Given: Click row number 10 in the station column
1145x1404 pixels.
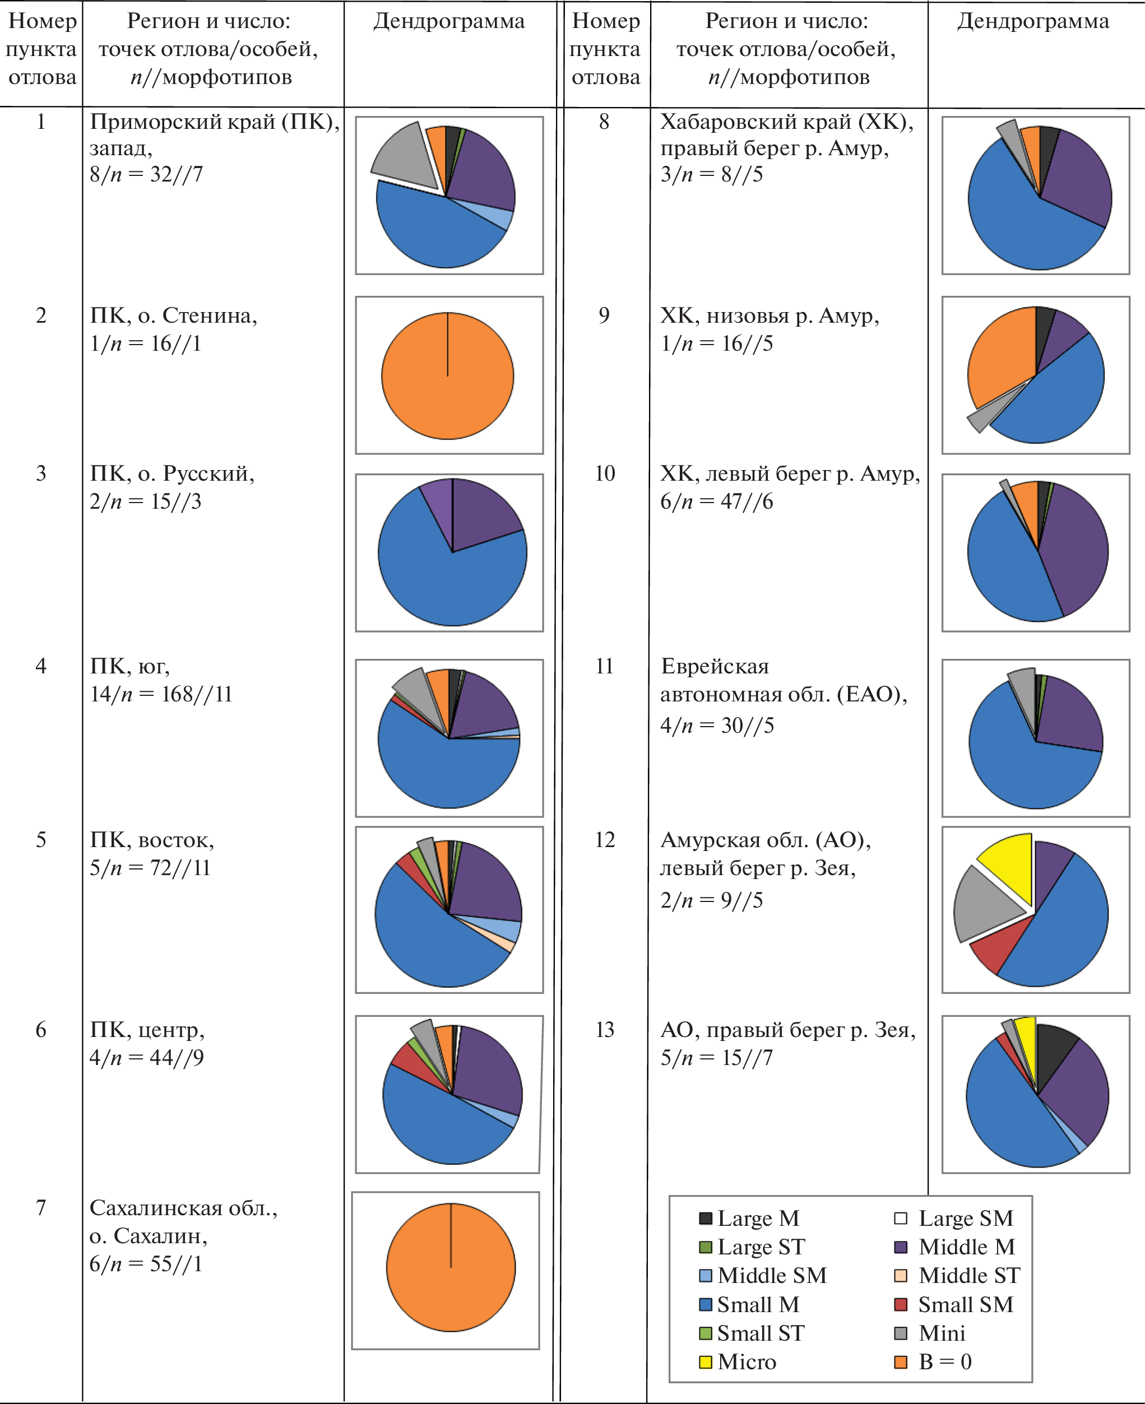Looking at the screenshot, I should pos(604,473).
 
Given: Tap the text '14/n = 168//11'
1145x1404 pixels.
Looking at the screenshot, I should pos(161,694).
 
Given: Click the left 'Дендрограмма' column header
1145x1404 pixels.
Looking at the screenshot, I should pos(448,22).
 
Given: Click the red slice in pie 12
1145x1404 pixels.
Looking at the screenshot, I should pos(992,949).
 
